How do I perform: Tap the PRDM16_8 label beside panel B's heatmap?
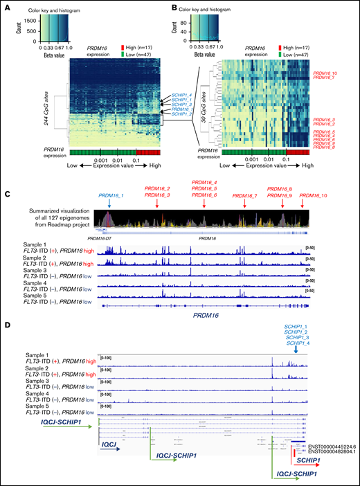point(325,147)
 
